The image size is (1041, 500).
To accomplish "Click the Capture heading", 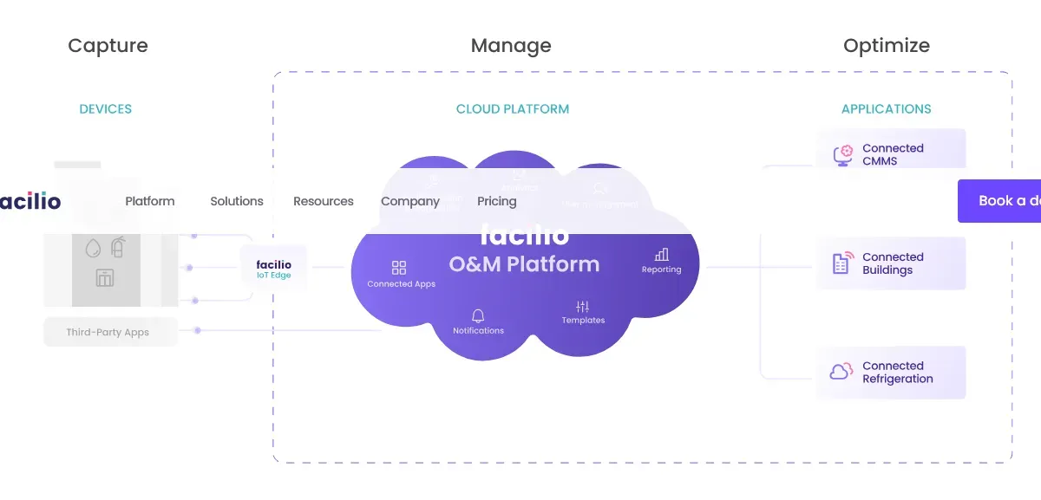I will coord(108,46).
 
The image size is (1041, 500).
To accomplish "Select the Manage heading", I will coord(511,46).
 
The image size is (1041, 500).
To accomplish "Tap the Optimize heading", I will coord(886,46).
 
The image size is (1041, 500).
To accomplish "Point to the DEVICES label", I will coord(106,109).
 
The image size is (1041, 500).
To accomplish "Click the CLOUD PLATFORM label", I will coord(513,109).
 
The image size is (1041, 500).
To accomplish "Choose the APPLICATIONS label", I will coord(886,109).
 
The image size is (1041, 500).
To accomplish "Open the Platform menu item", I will coord(150,201).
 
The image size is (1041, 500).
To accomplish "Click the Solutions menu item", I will coord(237,201).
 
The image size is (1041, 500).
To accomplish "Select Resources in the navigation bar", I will coord(324,201).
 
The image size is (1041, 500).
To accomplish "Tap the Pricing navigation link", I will coord(497,201).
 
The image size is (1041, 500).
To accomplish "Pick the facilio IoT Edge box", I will coord(273,269).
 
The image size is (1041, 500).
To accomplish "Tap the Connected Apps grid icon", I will coord(399,268).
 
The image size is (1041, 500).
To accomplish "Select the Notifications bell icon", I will coord(478,315).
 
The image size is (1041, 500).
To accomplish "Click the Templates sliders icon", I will coord(582,307).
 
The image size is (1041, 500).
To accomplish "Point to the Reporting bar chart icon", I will coord(662,255).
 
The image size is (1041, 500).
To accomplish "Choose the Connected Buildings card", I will coord(890,263).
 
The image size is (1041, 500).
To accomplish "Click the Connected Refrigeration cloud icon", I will coord(841,372).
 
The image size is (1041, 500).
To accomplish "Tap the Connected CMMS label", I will coord(893,154).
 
